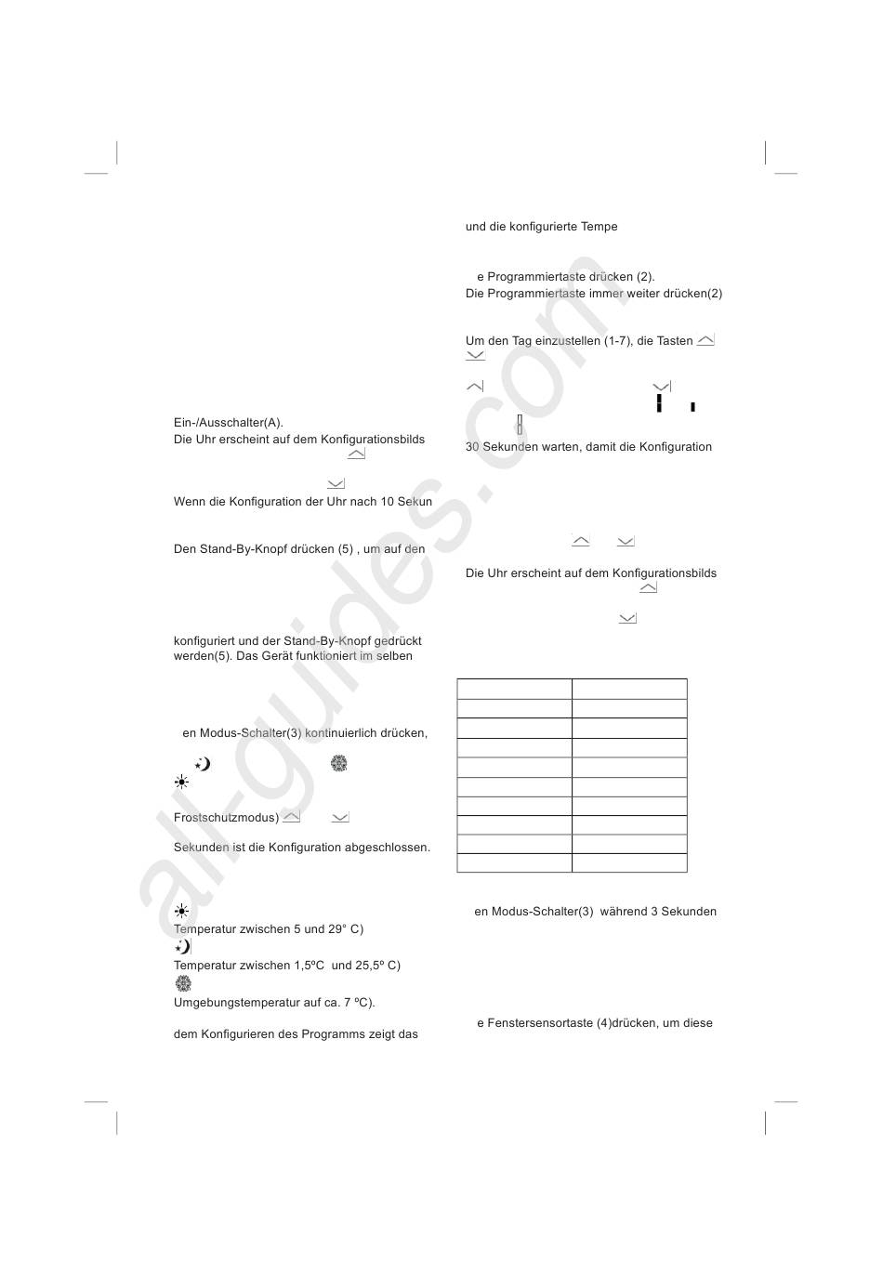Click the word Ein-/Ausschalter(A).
point(228,423)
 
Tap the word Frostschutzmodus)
point(226,818)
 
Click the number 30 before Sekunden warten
point(472,447)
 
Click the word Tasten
point(675,341)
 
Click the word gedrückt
point(398,641)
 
